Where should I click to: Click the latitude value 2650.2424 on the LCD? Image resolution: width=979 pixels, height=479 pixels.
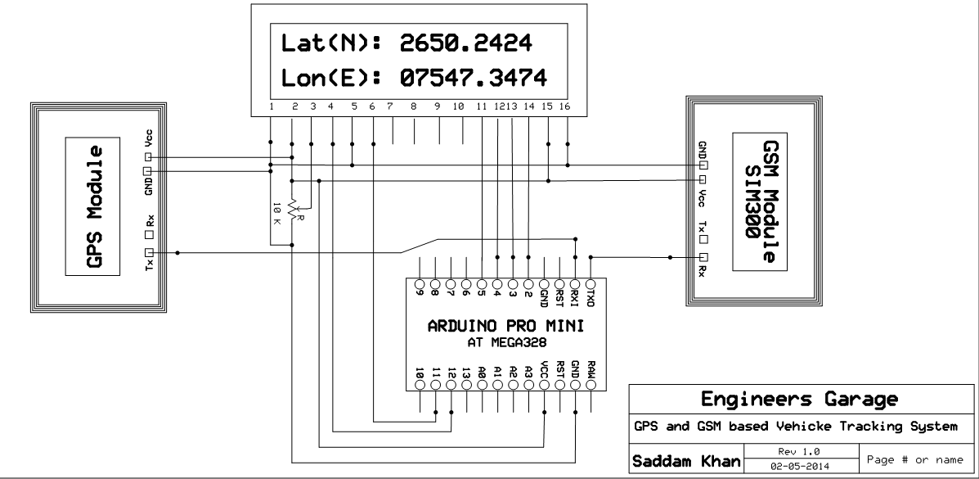[x=465, y=43]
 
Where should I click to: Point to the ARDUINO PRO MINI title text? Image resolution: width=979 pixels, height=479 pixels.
[x=505, y=326]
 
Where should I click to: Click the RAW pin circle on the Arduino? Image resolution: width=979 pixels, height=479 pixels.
[x=591, y=386]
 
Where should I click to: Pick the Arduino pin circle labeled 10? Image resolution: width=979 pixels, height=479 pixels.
[x=420, y=386]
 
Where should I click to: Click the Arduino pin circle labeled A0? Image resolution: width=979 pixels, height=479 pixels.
[x=483, y=386]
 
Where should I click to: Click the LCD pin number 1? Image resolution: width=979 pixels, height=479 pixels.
[x=270, y=106]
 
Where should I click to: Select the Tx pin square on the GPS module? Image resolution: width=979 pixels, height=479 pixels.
[x=149, y=253]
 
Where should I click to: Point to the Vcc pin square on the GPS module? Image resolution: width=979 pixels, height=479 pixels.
[x=149, y=156]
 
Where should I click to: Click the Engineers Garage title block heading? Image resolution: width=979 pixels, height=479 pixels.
[x=798, y=400]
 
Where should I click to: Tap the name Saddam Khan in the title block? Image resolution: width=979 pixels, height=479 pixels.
[x=684, y=462]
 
